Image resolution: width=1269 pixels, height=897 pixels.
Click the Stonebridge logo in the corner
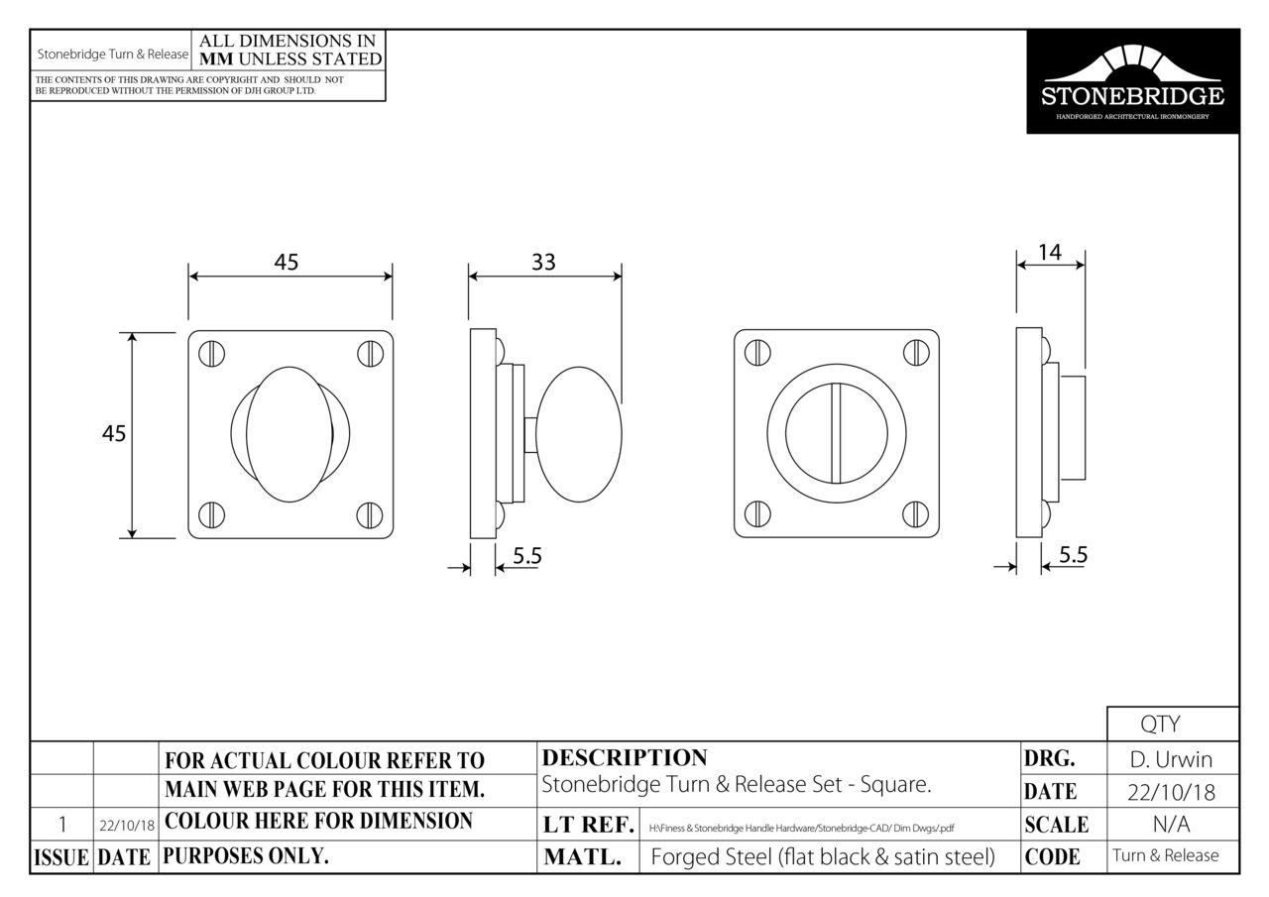(1132, 81)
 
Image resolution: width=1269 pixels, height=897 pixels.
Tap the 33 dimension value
(543, 263)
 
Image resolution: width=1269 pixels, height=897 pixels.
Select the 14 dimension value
(1050, 253)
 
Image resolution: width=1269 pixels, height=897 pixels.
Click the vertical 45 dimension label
(114, 434)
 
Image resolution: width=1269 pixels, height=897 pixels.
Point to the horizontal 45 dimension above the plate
(287, 263)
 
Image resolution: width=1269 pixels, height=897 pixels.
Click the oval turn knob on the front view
(289, 434)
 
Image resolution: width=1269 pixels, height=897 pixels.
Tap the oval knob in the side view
(578, 434)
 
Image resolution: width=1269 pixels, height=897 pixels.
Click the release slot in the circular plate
(836, 434)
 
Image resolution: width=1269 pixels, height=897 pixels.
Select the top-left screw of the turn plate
(211, 354)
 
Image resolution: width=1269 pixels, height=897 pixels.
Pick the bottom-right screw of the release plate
(915, 514)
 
